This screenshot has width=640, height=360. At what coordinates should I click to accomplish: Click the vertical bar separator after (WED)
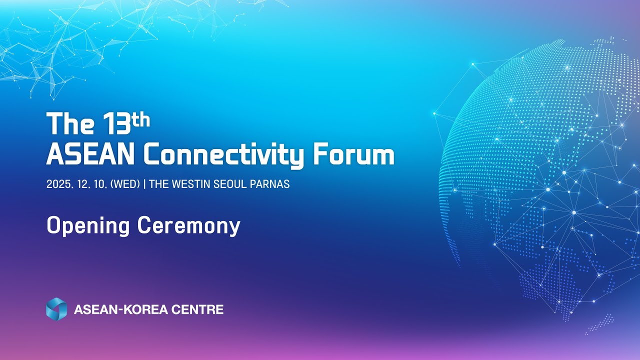point(144,184)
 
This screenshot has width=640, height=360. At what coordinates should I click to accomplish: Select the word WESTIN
point(191,184)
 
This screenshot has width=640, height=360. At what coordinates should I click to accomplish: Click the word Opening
point(88,226)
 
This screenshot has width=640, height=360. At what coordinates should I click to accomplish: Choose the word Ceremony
point(189,226)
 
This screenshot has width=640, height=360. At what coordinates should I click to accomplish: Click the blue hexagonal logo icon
point(56,309)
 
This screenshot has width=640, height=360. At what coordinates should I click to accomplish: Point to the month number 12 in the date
point(82,184)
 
